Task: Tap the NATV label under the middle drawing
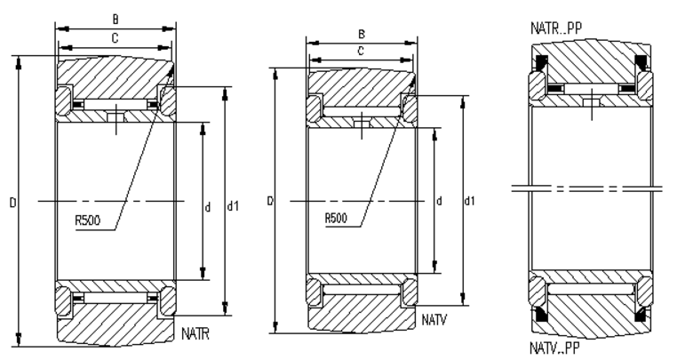[x=434, y=317]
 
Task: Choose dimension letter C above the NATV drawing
[x=360, y=52]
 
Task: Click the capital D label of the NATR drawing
[x=12, y=204]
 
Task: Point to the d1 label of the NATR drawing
[x=233, y=207]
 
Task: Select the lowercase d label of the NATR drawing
[x=208, y=207]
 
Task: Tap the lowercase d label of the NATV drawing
[x=439, y=201]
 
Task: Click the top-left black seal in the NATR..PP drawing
[x=540, y=65]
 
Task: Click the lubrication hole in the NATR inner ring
[x=115, y=117]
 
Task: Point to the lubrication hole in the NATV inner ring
[x=360, y=124]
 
